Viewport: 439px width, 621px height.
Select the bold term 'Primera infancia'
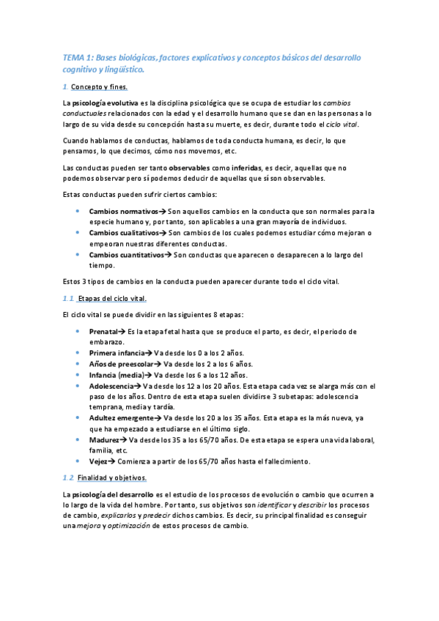(117, 353)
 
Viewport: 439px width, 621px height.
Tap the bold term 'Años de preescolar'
(121, 364)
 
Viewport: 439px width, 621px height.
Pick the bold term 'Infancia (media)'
(117, 375)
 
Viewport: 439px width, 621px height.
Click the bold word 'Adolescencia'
(111, 386)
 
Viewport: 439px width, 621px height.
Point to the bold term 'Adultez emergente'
(121, 418)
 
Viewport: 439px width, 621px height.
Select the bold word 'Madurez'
(105, 440)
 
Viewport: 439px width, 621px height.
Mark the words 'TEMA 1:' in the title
(78, 57)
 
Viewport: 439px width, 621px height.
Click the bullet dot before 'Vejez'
(78, 461)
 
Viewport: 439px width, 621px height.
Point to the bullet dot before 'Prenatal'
(78, 332)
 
